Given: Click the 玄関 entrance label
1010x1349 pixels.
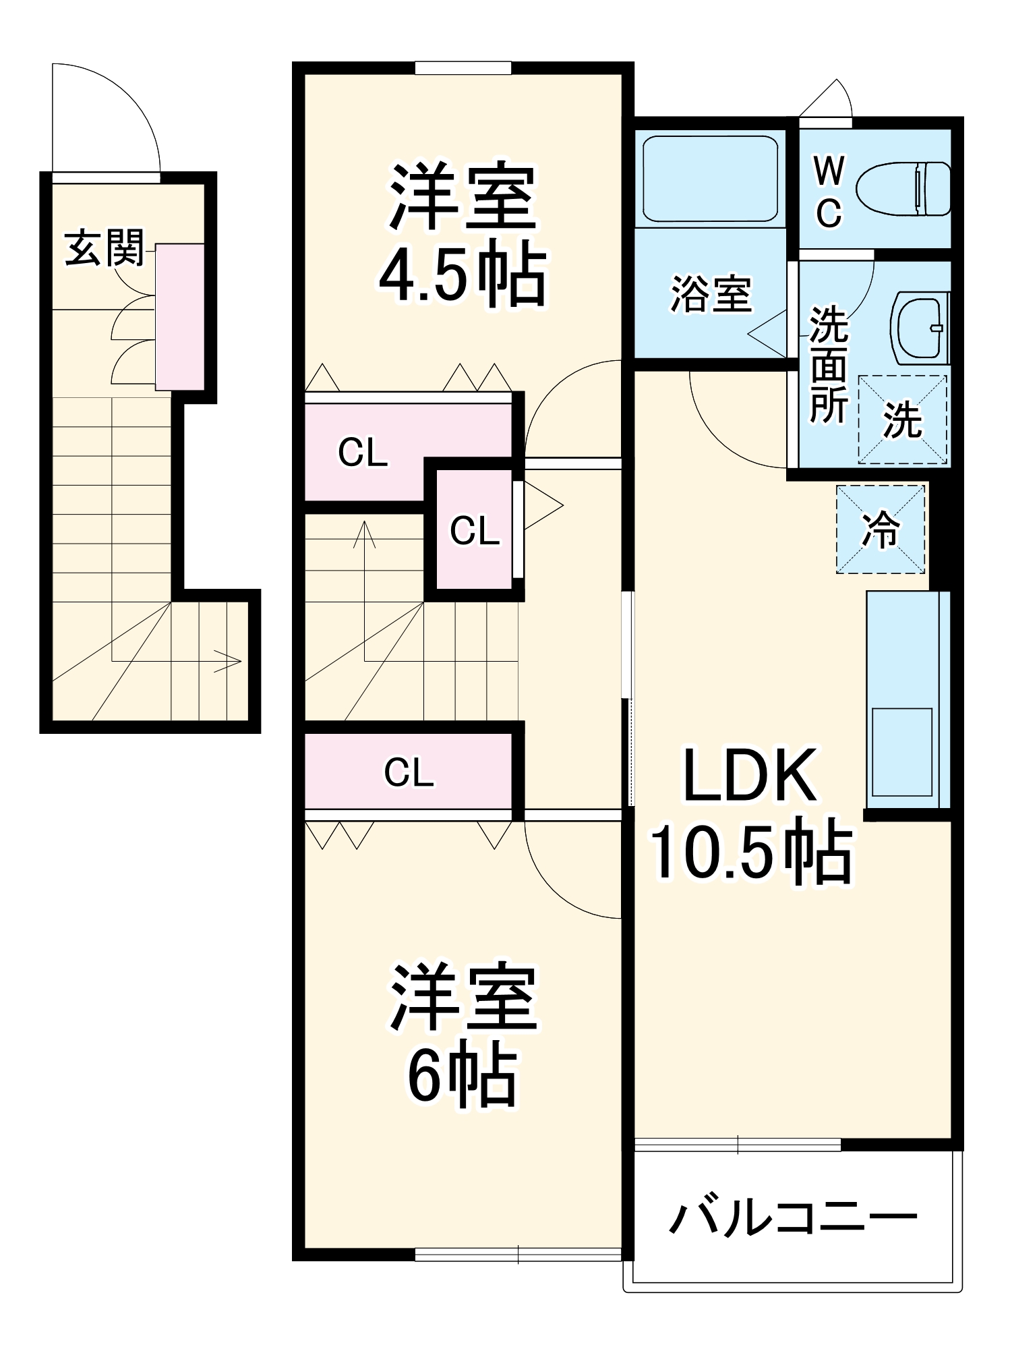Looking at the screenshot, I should point(105,248).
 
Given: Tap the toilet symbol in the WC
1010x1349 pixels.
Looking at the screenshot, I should point(903,189).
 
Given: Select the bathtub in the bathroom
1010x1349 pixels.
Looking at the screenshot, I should point(710,178).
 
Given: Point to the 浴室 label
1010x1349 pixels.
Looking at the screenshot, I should point(711,294).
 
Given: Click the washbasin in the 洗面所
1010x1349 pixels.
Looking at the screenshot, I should point(920,328).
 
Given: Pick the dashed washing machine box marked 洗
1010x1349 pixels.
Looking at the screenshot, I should point(902,420).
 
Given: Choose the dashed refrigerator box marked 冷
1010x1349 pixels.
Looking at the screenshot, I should point(881,529).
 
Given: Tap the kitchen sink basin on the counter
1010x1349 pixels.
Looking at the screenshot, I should point(902,752).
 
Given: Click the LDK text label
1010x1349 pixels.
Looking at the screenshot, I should point(750,776).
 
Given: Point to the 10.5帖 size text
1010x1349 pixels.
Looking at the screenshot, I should point(750,851).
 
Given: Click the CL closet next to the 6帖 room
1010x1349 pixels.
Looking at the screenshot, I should point(409,772).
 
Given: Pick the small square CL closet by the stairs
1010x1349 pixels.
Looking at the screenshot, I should point(475,530).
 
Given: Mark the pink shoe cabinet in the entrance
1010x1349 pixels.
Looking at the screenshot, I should point(180,317).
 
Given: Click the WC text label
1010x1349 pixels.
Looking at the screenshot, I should point(829,192).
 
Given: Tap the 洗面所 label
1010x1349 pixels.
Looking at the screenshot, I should point(829,364).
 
